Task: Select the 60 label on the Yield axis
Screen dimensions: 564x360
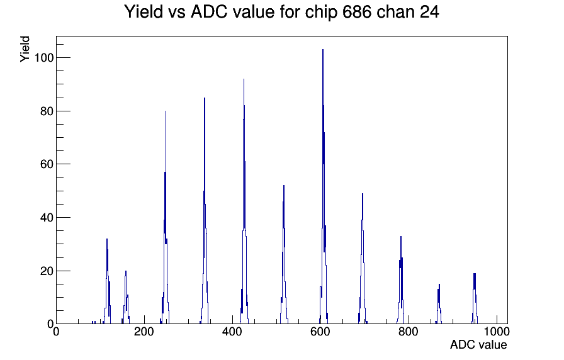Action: coord(47,164)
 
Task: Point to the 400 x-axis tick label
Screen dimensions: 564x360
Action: coord(232,332)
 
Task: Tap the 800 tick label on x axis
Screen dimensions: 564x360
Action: coord(409,332)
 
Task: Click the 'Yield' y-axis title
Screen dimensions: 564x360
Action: coord(25,49)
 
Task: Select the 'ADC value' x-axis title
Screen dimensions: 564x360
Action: coord(478,345)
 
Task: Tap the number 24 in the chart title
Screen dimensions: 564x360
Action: coord(429,12)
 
